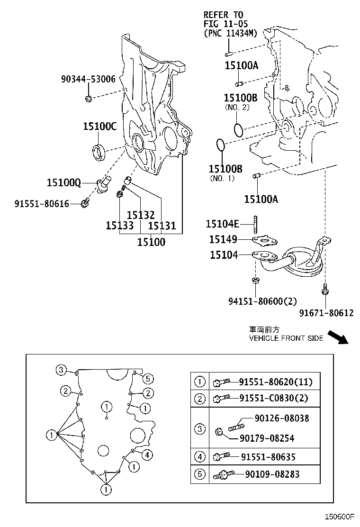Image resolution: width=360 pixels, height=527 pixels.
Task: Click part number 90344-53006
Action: click(88, 79)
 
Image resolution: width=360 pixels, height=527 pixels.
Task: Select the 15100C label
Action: click(99, 126)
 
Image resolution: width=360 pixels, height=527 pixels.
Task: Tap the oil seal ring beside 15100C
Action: click(99, 152)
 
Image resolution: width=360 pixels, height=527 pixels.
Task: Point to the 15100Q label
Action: click(64, 182)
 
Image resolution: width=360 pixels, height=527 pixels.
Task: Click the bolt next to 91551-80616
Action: click(85, 204)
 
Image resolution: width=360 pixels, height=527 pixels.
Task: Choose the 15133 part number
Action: click(119, 226)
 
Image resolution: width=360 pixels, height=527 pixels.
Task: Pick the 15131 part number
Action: click(162, 226)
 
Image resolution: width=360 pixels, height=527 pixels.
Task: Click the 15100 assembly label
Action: click(151, 242)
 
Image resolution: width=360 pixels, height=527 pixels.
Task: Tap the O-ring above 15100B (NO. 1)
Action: click(220, 146)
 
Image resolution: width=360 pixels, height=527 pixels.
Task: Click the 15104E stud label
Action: click(223, 224)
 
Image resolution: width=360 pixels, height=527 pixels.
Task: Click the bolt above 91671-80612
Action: click(325, 289)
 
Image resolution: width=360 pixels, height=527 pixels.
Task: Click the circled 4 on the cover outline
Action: click(147, 455)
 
